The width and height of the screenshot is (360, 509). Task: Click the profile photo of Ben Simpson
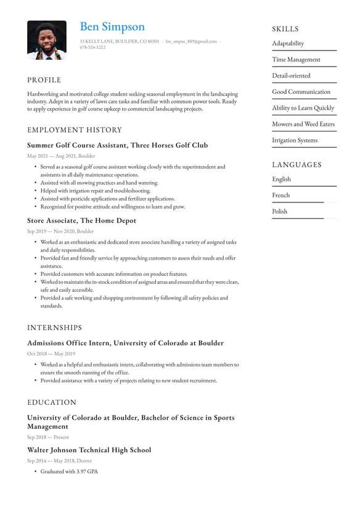pyautogui.click(x=46, y=40)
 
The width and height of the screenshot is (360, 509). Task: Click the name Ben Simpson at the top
pyautogui.click(x=112, y=27)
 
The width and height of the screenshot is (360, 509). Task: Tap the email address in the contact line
pyautogui.click(x=191, y=41)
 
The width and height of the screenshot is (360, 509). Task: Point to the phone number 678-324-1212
pyautogui.click(x=92, y=48)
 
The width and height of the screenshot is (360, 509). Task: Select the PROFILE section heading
pyautogui.click(x=44, y=80)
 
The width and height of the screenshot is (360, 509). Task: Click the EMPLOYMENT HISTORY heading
pyautogui.click(x=75, y=130)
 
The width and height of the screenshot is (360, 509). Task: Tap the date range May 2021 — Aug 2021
pyautogui.click(x=61, y=156)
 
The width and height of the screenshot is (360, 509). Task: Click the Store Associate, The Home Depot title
pyautogui.click(x=81, y=221)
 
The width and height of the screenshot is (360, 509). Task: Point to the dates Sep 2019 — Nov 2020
pyautogui.click(x=60, y=231)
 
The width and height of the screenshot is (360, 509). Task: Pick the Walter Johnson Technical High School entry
pyautogui.click(x=89, y=450)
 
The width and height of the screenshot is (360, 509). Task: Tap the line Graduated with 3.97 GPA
pyautogui.click(x=69, y=471)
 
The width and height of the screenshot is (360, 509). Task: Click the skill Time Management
pyautogui.click(x=297, y=60)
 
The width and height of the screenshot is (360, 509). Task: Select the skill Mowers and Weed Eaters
pyautogui.click(x=303, y=124)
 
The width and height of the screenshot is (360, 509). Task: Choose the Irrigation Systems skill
pyautogui.click(x=295, y=140)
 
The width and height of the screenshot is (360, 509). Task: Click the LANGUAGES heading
pyautogui.click(x=297, y=165)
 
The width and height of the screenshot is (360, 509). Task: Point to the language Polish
pyautogui.click(x=280, y=212)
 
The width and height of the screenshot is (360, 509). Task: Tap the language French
pyautogui.click(x=281, y=196)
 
